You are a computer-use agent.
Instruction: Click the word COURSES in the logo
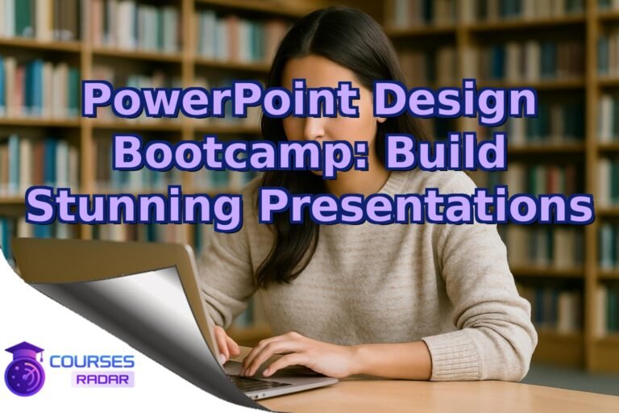[93, 361]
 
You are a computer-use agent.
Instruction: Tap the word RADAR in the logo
[102, 378]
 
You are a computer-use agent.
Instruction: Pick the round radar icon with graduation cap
[24, 373]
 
